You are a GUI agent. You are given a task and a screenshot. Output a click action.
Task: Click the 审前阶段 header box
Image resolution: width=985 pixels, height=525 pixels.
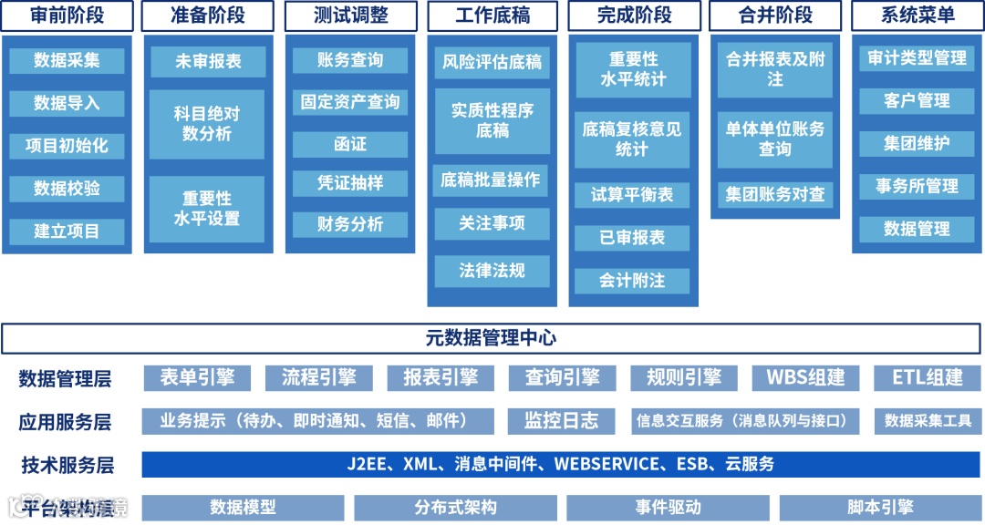click(x=67, y=15)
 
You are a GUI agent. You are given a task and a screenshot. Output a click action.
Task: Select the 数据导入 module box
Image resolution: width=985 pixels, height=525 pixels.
click(x=67, y=103)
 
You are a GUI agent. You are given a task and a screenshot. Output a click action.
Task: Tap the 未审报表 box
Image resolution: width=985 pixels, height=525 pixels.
click(x=208, y=62)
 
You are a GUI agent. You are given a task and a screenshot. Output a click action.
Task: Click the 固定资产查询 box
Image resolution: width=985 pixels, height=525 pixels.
click(x=350, y=102)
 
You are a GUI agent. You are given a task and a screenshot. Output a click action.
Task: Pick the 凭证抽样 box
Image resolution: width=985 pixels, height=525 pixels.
click(x=350, y=182)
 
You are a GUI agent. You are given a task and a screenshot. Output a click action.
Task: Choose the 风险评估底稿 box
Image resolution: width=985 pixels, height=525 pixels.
click(x=492, y=62)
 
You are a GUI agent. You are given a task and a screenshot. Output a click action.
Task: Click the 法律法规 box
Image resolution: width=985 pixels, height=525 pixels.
click(x=492, y=271)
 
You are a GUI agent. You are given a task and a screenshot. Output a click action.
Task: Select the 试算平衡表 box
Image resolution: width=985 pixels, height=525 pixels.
click(x=632, y=195)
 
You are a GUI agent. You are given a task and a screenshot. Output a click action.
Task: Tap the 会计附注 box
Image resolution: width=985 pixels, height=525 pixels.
click(x=632, y=281)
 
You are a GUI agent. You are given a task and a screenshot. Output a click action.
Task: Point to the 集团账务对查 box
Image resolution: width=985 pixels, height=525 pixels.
click(x=775, y=194)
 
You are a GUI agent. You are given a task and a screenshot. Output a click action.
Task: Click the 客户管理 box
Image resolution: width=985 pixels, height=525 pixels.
click(x=917, y=100)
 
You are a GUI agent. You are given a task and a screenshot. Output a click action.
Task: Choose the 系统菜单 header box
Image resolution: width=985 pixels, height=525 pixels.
click(x=917, y=15)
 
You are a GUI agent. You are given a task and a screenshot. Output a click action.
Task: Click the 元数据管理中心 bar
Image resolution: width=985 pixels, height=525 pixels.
click(x=492, y=338)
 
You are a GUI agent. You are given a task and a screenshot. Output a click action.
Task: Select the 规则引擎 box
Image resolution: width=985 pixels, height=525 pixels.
click(x=683, y=377)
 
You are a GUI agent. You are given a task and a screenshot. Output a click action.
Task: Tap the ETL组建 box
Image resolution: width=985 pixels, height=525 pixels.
click(x=928, y=377)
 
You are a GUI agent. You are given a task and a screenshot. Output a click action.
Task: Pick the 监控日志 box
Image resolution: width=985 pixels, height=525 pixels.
click(x=561, y=421)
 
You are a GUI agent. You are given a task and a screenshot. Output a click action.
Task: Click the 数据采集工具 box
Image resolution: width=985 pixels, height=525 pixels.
click(x=928, y=421)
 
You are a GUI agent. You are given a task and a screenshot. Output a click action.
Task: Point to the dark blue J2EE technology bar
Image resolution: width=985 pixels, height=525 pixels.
click(x=560, y=464)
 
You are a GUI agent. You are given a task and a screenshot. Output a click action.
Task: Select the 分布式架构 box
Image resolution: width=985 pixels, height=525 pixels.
click(x=455, y=508)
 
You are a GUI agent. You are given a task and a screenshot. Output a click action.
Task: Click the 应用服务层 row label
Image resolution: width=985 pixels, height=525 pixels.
click(x=66, y=422)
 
